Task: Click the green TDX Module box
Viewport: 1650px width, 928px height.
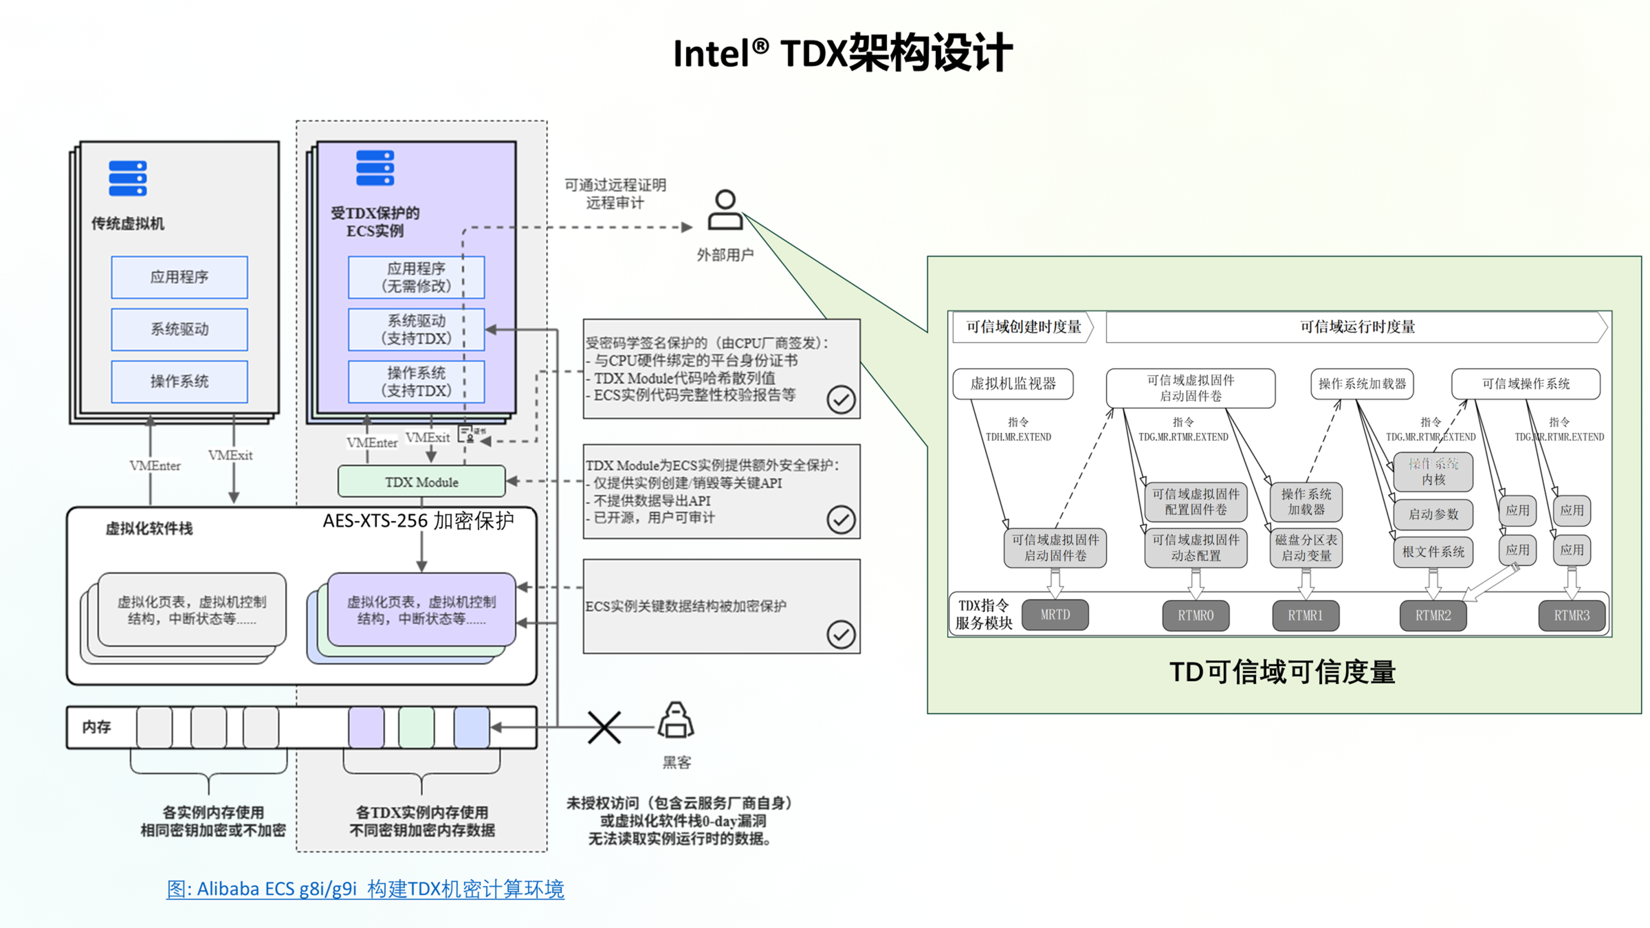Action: pyautogui.click(x=421, y=482)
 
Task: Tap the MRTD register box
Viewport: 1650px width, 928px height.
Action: pyautogui.click(x=1055, y=615)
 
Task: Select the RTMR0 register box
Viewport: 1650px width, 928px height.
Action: pyautogui.click(x=1196, y=615)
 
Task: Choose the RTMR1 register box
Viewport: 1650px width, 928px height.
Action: pyautogui.click(x=1305, y=615)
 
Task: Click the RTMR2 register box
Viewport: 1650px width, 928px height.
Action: pyautogui.click(x=1433, y=615)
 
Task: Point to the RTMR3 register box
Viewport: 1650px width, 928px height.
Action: pyautogui.click(x=1572, y=615)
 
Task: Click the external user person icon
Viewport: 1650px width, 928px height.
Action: pyautogui.click(x=725, y=210)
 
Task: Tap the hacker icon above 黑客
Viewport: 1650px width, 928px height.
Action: pyautogui.click(x=676, y=720)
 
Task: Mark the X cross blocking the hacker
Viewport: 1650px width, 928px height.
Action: pyautogui.click(x=604, y=727)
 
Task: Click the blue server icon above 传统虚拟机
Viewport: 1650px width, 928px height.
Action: pyautogui.click(x=128, y=179)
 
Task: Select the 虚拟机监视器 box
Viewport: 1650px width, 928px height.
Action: pyautogui.click(x=1013, y=384)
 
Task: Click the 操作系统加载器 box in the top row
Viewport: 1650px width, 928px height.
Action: pyautogui.click(x=1362, y=384)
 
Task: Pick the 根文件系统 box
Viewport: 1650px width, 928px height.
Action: pyautogui.click(x=1433, y=551)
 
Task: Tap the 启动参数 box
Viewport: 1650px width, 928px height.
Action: pyautogui.click(x=1433, y=513)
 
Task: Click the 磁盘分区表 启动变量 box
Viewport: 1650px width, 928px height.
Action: pyautogui.click(x=1306, y=548)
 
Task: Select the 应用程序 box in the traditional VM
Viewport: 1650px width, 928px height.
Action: pyautogui.click(x=179, y=277)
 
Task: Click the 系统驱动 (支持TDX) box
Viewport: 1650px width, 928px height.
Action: pyautogui.click(x=416, y=329)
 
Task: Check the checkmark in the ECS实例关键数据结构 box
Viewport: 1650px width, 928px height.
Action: pyautogui.click(x=841, y=634)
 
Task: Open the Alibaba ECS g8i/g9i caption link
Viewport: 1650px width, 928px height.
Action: pyautogui.click(x=365, y=889)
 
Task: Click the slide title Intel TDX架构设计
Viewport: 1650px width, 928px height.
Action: pyautogui.click(x=842, y=53)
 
